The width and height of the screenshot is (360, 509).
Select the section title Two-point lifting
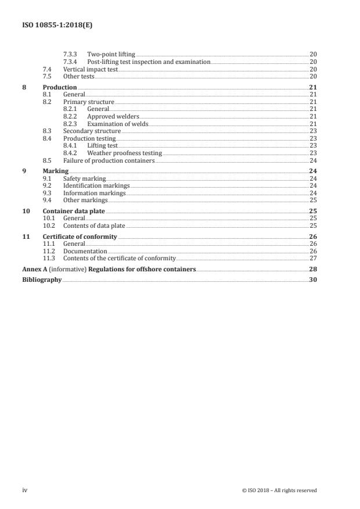tap(111, 54)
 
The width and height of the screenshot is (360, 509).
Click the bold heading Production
tap(60, 87)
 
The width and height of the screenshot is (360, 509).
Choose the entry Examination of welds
tap(118, 124)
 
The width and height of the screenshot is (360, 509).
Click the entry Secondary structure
tap(92, 131)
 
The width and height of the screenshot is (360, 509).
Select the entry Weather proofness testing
tap(124, 153)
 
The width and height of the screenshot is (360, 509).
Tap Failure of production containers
tap(109, 160)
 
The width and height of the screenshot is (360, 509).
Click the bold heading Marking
tap(56, 171)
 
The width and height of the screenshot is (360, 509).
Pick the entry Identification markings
tap(96, 186)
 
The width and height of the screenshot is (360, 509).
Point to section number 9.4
tap(48, 200)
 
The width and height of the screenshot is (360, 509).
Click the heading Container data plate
tap(74, 211)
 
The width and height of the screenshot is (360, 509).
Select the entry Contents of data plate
tap(94, 225)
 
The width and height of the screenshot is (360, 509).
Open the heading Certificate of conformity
tap(80, 236)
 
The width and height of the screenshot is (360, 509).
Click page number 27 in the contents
tap(312, 257)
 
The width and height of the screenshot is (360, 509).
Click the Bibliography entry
tap(41, 279)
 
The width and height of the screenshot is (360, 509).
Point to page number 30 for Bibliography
tap(312, 279)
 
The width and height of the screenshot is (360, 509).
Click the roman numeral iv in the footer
tap(24, 490)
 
